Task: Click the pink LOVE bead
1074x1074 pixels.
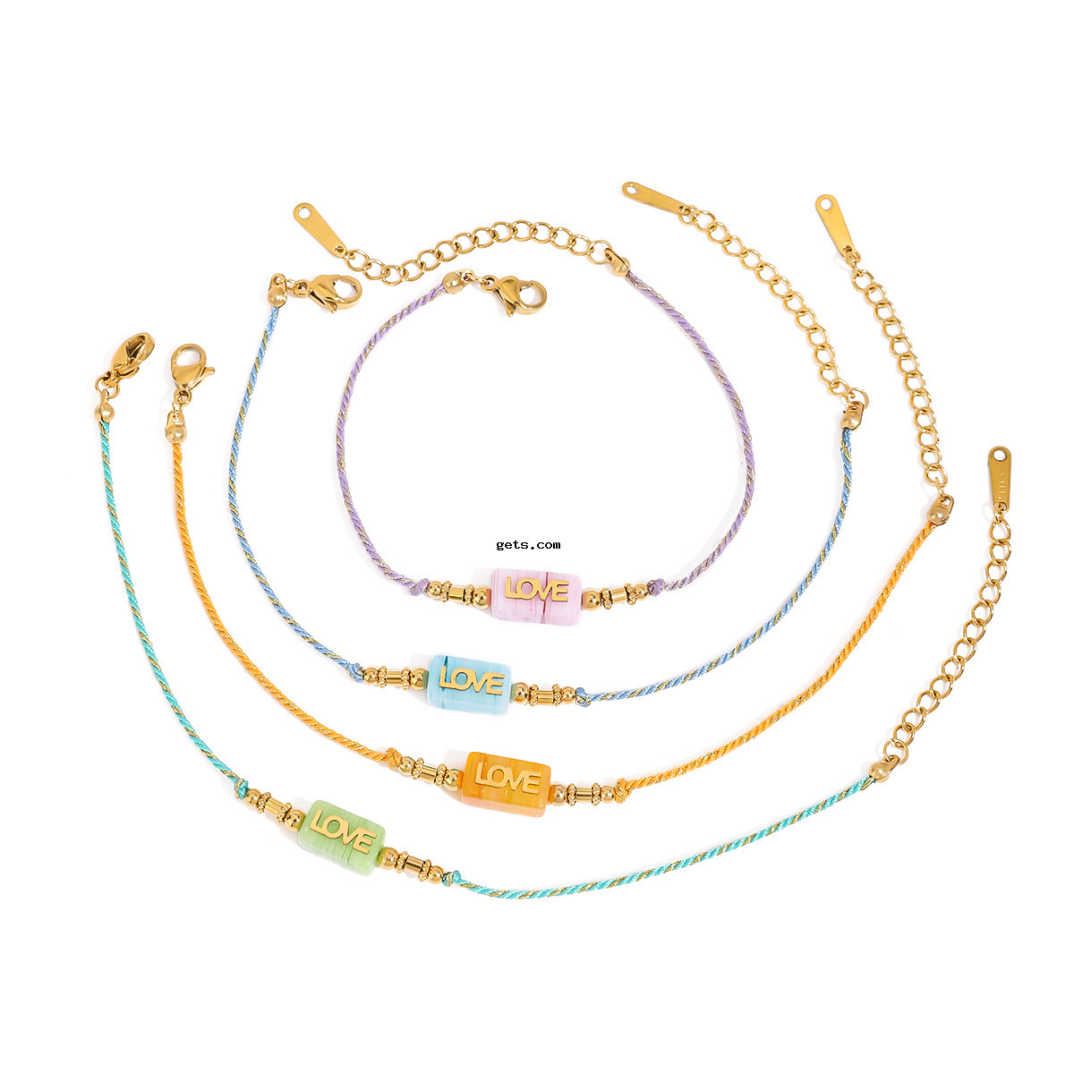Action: (x=535, y=596)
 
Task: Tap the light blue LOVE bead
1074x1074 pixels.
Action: (x=469, y=686)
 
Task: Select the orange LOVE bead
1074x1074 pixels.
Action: (x=506, y=784)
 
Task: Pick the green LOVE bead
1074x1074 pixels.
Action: (x=341, y=838)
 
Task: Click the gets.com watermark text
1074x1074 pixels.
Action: (x=528, y=545)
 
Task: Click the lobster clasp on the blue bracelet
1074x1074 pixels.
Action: (x=333, y=292)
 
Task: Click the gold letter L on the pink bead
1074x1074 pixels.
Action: (x=512, y=590)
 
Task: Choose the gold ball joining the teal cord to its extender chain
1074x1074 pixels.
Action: (x=880, y=771)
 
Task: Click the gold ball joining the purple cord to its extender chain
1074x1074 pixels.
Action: (x=618, y=265)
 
